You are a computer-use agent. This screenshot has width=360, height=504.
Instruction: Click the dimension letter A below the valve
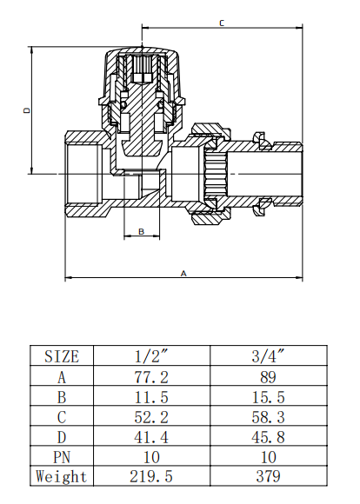click(183, 272)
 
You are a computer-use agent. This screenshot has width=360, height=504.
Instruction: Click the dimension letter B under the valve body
click(142, 231)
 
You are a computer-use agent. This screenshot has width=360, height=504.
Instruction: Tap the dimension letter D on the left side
click(27, 110)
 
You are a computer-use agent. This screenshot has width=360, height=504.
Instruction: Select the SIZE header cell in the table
click(61, 355)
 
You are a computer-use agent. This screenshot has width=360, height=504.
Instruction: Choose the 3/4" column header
click(267, 355)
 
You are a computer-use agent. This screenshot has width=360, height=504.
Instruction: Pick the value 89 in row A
click(267, 376)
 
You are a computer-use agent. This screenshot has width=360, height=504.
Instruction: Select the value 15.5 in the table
click(267, 396)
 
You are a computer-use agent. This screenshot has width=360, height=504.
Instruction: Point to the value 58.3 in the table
click(267, 416)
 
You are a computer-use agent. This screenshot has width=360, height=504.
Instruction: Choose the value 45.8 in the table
click(267, 436)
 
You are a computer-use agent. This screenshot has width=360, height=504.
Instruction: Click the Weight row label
click(61, 476)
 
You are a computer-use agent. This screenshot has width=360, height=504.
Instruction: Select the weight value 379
click(267, 476)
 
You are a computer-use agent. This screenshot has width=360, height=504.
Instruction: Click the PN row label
click(61, 456)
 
